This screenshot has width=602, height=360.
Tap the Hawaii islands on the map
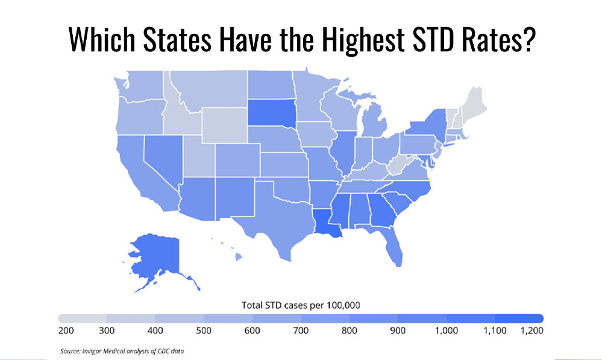coord(237,257)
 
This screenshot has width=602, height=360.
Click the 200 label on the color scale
coord(66,332)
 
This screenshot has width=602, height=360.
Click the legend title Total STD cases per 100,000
coord(301,305)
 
